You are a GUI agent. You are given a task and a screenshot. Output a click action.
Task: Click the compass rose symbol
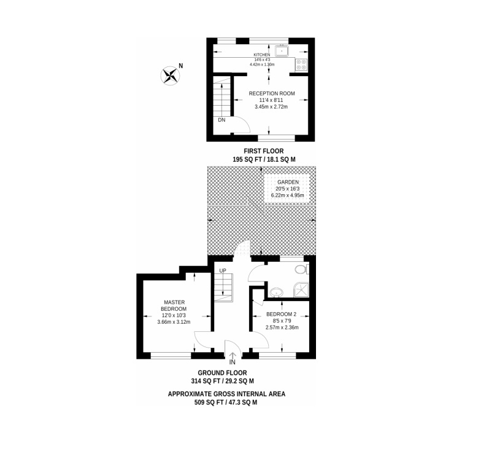(x=170, y=76)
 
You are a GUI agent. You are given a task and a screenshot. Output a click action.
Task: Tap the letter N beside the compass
(x=180, y=66)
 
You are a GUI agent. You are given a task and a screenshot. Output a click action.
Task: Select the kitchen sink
(x=282, y=51)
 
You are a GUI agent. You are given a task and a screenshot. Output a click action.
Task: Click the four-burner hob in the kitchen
(x=301, y=65)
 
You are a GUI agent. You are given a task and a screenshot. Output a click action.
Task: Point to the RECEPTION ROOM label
(x=272, y=93)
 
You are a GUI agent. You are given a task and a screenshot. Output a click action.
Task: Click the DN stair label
(x=222, y=120)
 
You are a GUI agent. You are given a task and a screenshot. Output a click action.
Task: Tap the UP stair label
(x=223, y=270)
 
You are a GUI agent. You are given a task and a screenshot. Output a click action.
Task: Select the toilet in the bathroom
(x=301, y=270)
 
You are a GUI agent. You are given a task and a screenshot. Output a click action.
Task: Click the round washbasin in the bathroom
(x=277, y=292)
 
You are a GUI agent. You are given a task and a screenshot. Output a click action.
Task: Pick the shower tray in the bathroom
(x=301, y=289)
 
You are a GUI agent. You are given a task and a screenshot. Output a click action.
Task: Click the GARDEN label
(x=288, y=182)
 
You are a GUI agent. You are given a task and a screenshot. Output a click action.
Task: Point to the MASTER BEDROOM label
(x=174, y=305)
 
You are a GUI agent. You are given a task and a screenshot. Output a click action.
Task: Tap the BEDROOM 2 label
(x=281, y=314)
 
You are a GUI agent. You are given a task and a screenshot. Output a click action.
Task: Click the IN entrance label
(x=233, y=362)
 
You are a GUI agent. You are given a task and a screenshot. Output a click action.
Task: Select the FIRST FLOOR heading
(x=264, y=151)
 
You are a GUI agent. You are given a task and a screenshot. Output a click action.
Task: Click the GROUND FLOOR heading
(x=222, y=372)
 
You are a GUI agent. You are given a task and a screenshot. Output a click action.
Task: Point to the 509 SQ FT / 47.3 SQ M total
(x=226, y=402)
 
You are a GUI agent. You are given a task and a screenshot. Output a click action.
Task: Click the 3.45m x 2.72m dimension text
(x=271, y=107)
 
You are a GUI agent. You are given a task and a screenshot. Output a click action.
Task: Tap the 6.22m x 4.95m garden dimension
(x=288, y=195)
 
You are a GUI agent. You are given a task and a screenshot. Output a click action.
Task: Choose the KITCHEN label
(x=262, y=55)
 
